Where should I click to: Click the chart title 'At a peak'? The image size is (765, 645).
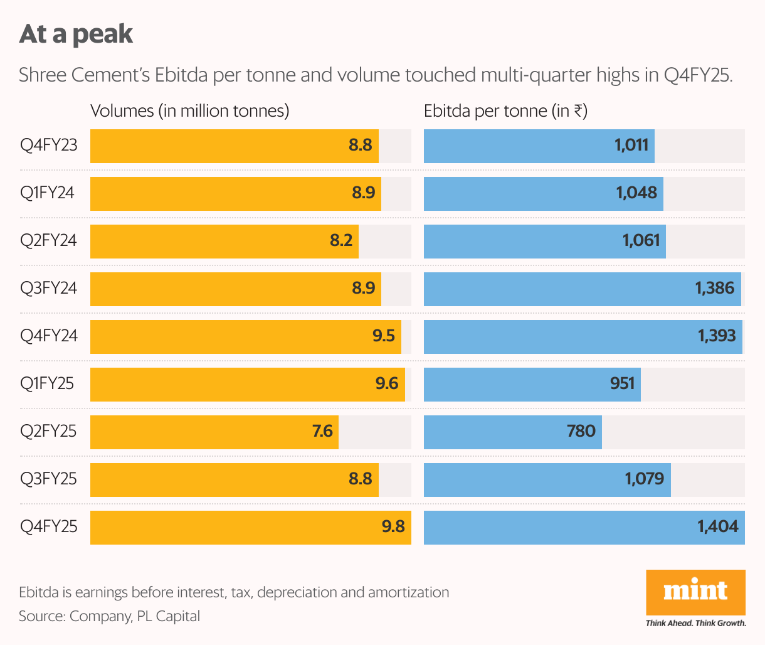(x=76, y=34)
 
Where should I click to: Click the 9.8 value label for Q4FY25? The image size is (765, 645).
(x=393, y=526)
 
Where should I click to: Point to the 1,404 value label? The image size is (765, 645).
(x=718, y=526)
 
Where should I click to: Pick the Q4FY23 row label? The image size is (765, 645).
(x=49, y=146)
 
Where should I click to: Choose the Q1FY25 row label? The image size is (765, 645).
(x=47, y=383)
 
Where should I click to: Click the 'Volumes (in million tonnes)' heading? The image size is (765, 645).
(x=190, y=111)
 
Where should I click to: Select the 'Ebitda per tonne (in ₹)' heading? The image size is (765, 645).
(x=505, y=111)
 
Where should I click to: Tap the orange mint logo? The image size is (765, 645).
(x=695, y=592)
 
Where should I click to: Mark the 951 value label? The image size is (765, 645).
(x=623, y=383)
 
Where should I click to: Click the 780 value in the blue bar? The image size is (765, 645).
(x=581, y=431)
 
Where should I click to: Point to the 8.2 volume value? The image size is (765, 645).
(x=341, y=240)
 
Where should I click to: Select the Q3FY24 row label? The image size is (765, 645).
(x=49, y=288)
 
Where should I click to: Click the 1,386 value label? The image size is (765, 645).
(x=715, y=288)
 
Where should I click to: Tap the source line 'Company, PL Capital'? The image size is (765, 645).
(x=134, y=616)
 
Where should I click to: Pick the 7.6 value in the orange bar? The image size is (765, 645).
(x=322, y=431)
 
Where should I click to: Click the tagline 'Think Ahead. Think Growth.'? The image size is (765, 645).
(x=696, y=623)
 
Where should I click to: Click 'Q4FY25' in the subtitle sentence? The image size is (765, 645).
(x=697, y=75)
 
